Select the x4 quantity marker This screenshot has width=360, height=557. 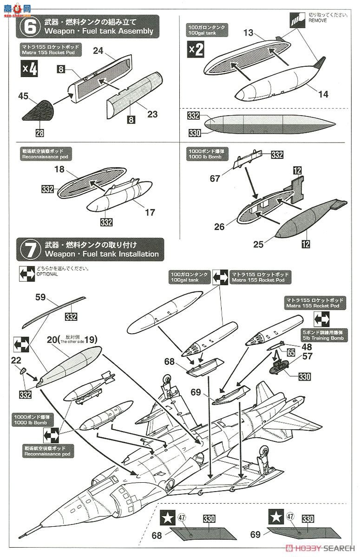click(30, 70)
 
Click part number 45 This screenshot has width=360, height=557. click(24, 96)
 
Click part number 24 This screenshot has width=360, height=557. click(98, 51)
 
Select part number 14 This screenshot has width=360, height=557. click(323, 94)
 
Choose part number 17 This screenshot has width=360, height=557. click(150, 213)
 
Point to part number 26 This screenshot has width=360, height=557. click(219, 227)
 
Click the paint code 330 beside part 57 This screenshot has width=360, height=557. click(304, 376)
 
